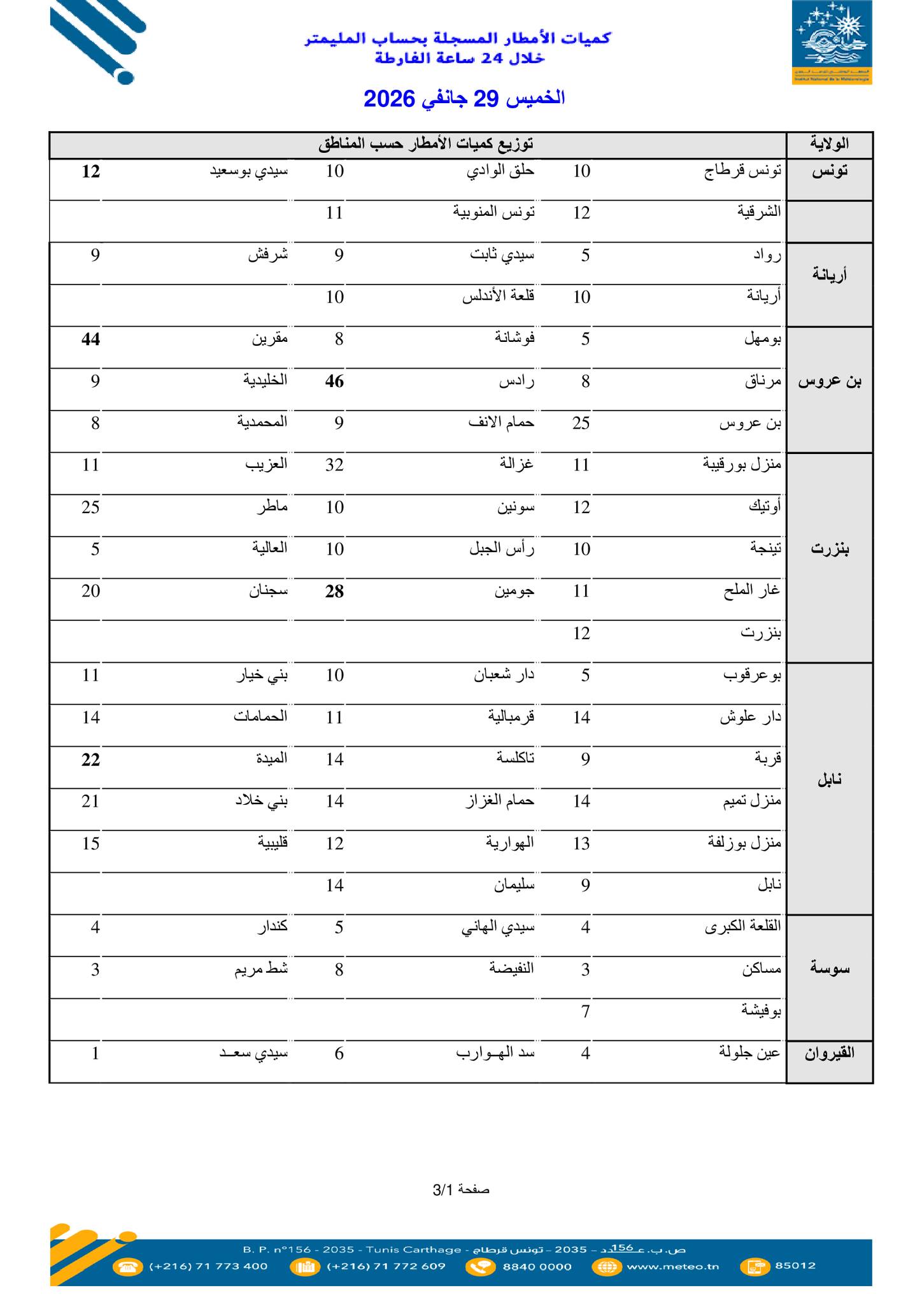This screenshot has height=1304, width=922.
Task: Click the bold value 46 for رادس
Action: pyautogui.click(x=334, y=381)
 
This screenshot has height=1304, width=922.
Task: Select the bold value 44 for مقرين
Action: pyautogui.click(x=90, y=339)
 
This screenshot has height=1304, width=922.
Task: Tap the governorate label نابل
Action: pyautogui.click(x=829, y=780)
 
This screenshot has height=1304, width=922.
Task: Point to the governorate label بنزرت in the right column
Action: pyautogui.click(x=829, y=549)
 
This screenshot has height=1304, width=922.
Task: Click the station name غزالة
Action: pyautogui.click(x=516, y=464)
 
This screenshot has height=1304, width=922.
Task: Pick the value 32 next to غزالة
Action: pyautogui.click(x=334, y=465)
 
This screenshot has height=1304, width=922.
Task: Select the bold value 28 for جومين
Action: pyautogui.click(x=334, y=592)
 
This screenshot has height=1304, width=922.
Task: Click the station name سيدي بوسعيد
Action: pyautogui.click(x=249, y=171)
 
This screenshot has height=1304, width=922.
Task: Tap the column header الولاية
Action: pyautogui.click(x=829, y=144)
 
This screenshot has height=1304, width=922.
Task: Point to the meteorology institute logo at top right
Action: pyautogui.click(x=832, y=42)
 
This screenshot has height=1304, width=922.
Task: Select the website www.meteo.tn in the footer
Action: pyautogui.click(x=672, y=1266)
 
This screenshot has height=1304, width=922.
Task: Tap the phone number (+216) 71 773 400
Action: pyautogui.click(x=208, y=1266)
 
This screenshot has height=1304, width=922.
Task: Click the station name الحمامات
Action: pyautogui.click(x=260, y=716)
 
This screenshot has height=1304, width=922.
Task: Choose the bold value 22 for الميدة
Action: pyautogui.click(x=90, y=760)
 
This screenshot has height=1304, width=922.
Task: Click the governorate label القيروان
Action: pyautogui.click(x=829, y=1053)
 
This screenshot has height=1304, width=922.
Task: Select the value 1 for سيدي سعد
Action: pyautogui.click(x=95, y=1054)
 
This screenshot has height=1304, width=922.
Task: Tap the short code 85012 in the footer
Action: pyautogui.click(x=795, y=1265)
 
